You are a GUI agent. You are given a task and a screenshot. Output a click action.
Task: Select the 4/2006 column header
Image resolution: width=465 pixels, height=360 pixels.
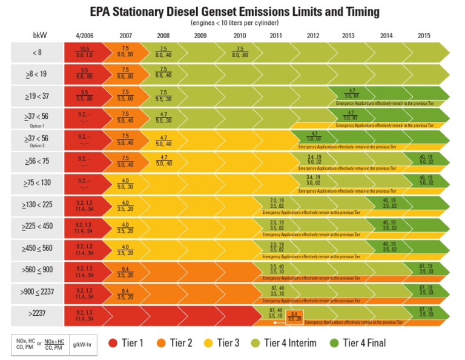tap(85, 35)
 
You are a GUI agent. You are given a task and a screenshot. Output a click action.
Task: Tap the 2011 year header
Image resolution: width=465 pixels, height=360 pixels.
tap(276, 35)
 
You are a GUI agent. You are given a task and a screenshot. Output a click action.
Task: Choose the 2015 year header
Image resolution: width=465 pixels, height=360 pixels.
tap(424, 35)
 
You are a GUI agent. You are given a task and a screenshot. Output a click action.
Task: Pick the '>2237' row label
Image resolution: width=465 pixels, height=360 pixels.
tap(38, 314)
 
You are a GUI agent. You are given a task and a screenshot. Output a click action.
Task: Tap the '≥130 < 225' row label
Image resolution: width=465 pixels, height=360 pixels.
tap(38, 205)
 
